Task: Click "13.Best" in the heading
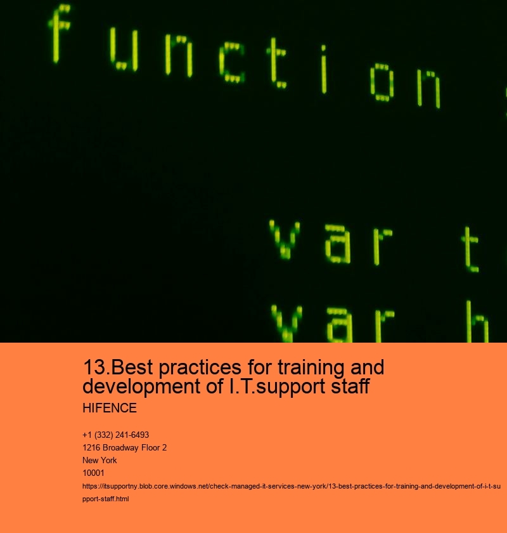(113, 367)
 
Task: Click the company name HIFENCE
(110, 408)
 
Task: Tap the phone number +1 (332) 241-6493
(115, 435)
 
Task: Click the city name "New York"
(99, 460)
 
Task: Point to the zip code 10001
(93, 473)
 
